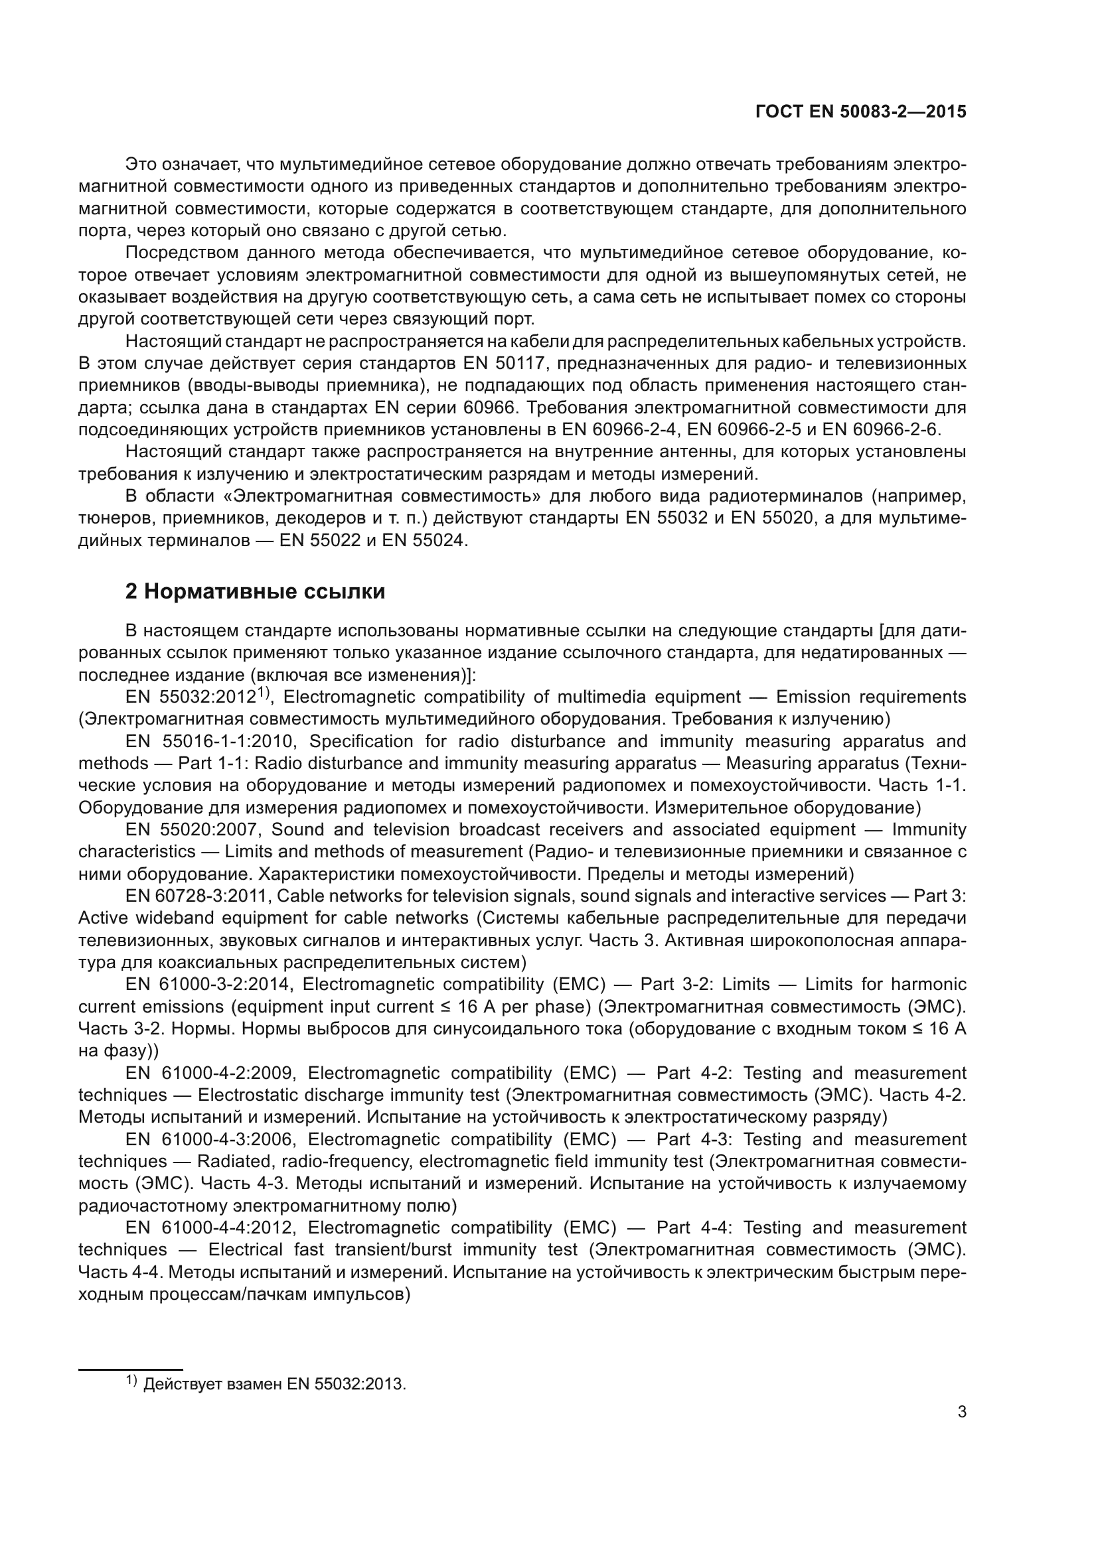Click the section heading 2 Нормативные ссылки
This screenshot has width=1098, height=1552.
(255, 591)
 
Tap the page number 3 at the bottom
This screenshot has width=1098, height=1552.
(961, 1412)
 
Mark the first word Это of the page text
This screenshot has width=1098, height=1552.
(141, 165)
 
